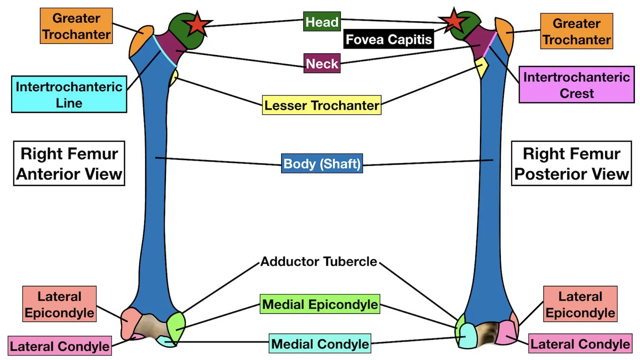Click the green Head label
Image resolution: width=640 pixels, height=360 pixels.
point(322,21)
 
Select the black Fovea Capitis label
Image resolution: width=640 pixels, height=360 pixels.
point(388,39)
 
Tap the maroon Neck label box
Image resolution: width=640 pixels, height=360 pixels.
point(322,64)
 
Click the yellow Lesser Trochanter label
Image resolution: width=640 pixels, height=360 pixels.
point(321,105)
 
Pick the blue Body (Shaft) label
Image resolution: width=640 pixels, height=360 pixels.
point(322,163)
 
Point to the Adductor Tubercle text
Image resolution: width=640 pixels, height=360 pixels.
point(319,261)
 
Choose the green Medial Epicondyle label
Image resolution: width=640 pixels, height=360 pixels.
point(320,305)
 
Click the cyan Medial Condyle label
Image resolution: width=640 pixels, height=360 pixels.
point(320,344)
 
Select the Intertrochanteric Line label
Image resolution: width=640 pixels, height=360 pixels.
point(69,94)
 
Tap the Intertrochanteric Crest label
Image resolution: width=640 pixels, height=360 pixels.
point(576,85)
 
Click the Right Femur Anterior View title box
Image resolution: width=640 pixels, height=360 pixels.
point(69,163)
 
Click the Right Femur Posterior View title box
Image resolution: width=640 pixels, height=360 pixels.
point(571,163)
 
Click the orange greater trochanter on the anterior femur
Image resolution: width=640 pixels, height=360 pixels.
point(141,40)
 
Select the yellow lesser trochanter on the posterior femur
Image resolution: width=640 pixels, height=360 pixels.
point(482,67)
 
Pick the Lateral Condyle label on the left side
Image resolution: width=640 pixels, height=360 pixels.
point(60,346)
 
